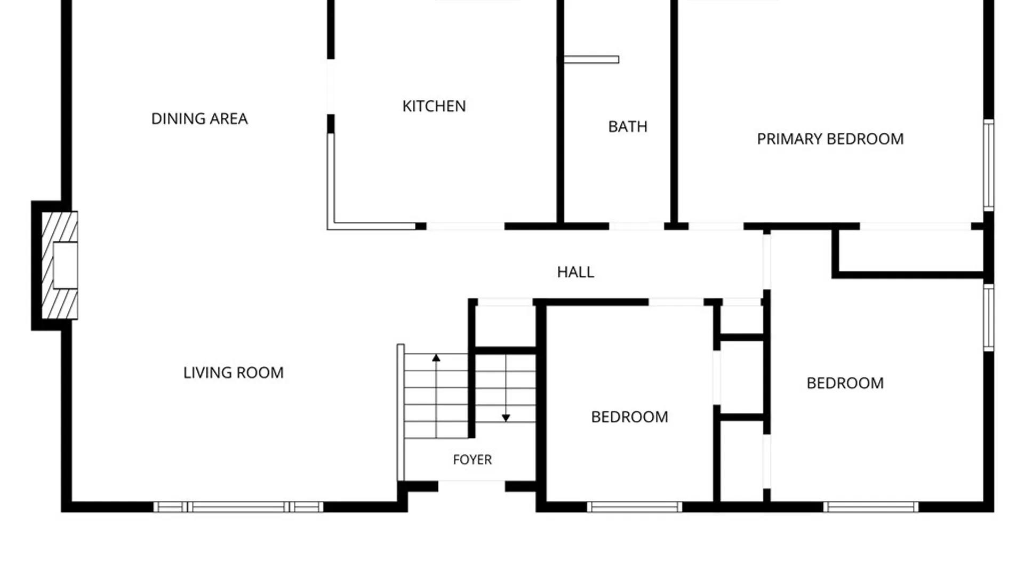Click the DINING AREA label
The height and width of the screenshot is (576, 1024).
[x=199, y=118]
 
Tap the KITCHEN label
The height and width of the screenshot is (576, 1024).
[x=434, y=106]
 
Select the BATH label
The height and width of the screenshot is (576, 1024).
[x=628, y=126]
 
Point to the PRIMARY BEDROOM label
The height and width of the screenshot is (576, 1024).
[x=830, y=139]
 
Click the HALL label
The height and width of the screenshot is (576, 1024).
[x=575, y=272]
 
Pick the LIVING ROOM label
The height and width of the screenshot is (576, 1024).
[x=233, y=372]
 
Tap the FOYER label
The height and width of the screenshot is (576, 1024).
[x=473, y=459]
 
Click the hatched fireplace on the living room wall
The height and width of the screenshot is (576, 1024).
[x=60, y=266]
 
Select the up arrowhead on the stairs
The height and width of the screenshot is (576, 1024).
[x=436, y=358]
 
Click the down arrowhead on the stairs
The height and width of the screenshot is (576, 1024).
[x=506, y=418]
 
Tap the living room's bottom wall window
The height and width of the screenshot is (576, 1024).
[x=238, y=507]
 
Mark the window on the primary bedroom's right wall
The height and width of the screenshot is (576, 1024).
[x=989, y=165]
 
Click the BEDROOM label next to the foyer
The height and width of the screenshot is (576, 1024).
[x=629, y=417]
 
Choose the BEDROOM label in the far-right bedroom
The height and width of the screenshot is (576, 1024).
[x=845, y=383]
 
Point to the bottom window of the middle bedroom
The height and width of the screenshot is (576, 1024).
[x=635, y=507]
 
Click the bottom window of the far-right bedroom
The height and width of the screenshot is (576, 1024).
[x=871, y=507]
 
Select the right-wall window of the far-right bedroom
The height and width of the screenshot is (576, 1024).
[x=989, y=318]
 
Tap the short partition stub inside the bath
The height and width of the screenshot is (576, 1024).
[x=591, y=59]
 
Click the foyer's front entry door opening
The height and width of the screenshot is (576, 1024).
[x=471, y=485]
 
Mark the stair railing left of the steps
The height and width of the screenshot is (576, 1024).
[x=401, y=412]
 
